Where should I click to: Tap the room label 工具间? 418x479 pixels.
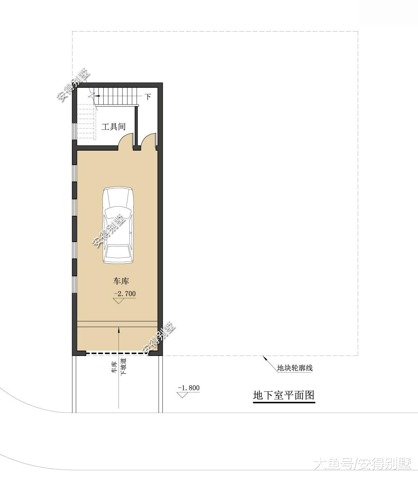(113, 127)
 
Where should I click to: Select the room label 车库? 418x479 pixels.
(121, 281)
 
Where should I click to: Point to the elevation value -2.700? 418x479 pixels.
(125, 293)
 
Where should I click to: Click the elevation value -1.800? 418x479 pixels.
(189, 388)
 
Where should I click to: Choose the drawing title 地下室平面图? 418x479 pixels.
(284, 395)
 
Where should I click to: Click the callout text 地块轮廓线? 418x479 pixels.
(295, 368)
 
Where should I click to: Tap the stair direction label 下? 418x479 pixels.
(148, 97)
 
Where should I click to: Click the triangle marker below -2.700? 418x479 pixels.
(119, 301)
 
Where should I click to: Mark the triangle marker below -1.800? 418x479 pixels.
(182, 395)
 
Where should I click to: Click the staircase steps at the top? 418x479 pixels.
(116, 96)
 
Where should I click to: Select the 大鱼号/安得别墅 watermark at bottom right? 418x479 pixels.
(363, 465)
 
